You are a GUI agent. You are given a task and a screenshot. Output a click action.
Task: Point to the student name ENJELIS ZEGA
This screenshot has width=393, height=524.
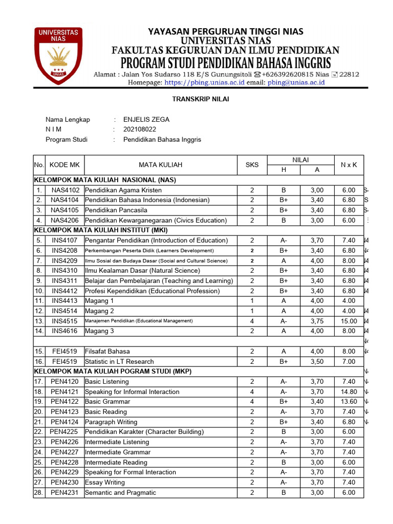click(146, 120)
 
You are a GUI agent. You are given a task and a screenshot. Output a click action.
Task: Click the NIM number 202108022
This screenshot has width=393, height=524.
click(140, 129)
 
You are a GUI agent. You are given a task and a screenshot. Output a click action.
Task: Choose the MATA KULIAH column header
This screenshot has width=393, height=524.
click(160, 165)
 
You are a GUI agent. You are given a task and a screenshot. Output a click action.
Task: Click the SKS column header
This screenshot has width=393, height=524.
click(252, 165)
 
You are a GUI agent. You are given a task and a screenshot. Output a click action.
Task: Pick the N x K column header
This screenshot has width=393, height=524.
click(348, 165)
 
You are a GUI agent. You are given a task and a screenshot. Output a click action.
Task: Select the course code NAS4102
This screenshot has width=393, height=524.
click(65, 190)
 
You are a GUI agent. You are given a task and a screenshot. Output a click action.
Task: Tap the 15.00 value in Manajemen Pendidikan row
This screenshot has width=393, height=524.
click(348, 321)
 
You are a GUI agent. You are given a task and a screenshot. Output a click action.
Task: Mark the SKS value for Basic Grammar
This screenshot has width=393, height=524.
click(252, 402)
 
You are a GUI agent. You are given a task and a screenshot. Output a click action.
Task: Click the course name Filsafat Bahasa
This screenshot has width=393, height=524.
click(107, 352)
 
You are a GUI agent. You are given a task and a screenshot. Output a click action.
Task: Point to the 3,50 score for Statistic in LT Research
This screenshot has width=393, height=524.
click(317, 362)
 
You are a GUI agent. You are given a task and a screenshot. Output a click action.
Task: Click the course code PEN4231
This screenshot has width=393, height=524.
click(64, 493)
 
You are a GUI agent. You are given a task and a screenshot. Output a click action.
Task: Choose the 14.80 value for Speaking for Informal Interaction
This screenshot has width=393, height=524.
click(348, 392)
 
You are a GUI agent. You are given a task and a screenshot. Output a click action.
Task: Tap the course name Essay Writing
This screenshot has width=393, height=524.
click(105, 483)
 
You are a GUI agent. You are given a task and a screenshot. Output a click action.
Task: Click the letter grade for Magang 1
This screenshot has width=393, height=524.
click(283, 301)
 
